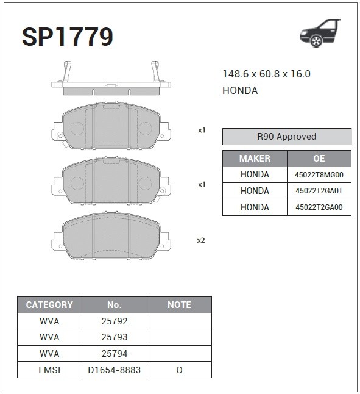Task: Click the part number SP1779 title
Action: click(x=68, y=37)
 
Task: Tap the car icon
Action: click(x=320, y=33)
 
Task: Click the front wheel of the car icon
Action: click(x=316, y=41)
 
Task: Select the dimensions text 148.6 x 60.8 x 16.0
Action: click(x=266, y=74)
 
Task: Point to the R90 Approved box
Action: click(x=287, y=137)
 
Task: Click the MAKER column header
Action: click(x=255, y=159)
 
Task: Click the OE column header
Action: click(x=319, y=159)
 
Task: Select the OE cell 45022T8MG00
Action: click(x=319, y=174)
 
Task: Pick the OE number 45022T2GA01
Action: click(x=319, y=191)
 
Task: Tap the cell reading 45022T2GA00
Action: click(x=319, y=207)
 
